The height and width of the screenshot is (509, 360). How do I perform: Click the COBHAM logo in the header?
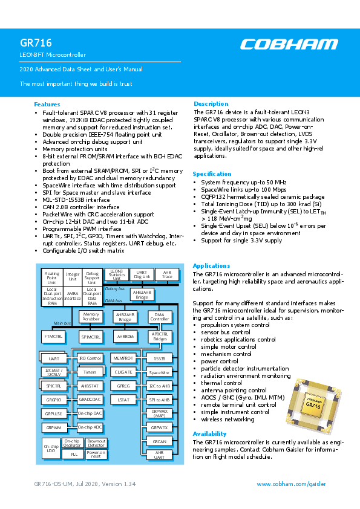coord(289,44)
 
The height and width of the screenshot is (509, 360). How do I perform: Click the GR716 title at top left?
coord(36,43)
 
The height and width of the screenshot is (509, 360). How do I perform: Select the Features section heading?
coord(47,105)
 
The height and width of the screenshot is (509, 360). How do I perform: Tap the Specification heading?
coord(213,173)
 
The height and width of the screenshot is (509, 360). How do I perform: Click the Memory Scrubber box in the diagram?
coord(91,317)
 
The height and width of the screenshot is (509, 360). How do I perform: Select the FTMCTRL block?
coord(53,336)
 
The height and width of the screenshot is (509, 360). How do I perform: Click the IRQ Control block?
coord(90,358)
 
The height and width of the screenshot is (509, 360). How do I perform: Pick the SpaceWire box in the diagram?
coord(160,372)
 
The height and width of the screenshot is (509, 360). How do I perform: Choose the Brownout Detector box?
coord(96,444)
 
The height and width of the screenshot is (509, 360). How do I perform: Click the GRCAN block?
coord(160,441)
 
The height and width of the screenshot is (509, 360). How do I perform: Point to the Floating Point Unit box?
coord(52,277)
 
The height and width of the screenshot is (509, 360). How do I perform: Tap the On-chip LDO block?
coord(50,449)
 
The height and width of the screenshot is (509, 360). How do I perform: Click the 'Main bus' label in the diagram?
coord(63,324)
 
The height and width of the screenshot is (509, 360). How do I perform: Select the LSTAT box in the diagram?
coord(124,400)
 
